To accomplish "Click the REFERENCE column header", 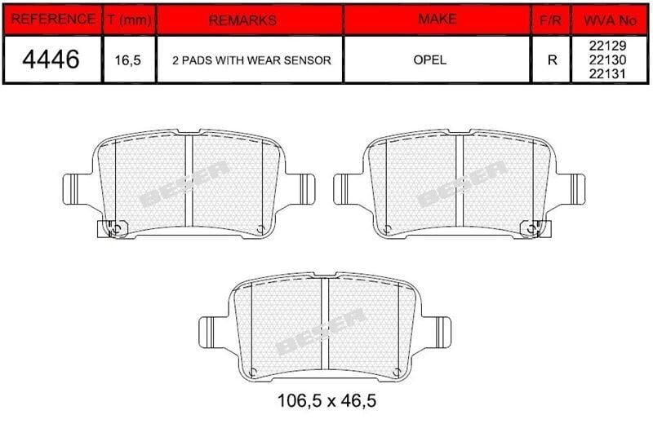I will click(x=51, y=20).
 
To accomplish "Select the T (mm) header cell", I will click(x=129, y=20).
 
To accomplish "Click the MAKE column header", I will click(x=436, y=19).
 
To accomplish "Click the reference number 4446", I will click(x=51, y=60).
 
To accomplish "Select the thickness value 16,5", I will click(x=129, y=60).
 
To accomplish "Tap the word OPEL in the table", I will click(x=436, y=60).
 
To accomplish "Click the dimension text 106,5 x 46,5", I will click(x=326, y=401).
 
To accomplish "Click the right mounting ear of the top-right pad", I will click(x=575, y=188).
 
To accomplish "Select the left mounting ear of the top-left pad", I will click(x=76, y=188).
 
